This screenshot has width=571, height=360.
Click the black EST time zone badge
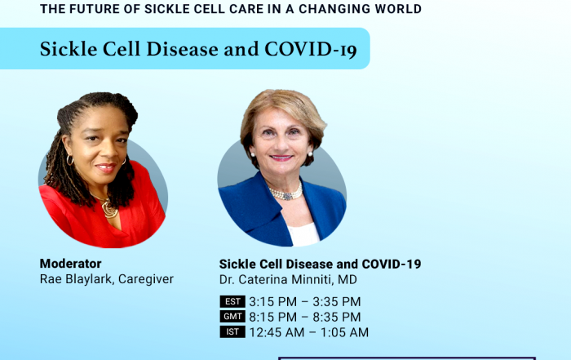pos(232,302)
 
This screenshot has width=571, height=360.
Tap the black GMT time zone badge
pos(232,317)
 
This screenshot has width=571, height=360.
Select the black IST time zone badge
pos(232,332)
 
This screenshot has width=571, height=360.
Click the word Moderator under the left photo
pos(71,264)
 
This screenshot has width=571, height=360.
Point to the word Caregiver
pos(146,279)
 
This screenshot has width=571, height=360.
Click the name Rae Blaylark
pos(77,279)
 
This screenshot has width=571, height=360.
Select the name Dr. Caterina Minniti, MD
pos(288,279)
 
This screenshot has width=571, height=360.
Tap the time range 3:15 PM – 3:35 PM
pos(305,302)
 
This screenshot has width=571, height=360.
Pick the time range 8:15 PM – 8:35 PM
pos(305,317)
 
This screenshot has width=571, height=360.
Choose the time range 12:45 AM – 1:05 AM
pos(309,332)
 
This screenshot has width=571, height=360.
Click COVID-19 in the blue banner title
pos(311,49)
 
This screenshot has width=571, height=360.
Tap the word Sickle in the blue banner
pos(69,49)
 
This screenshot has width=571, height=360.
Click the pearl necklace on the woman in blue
pos(286,193)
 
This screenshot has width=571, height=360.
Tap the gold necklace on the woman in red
pos(108,207)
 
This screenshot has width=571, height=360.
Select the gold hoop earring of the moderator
pos(70,160)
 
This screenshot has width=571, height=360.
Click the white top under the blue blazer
pos(303,234)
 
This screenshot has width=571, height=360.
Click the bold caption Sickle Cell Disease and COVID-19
pos(320,264)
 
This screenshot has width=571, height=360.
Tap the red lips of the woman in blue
pos(281,158)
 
